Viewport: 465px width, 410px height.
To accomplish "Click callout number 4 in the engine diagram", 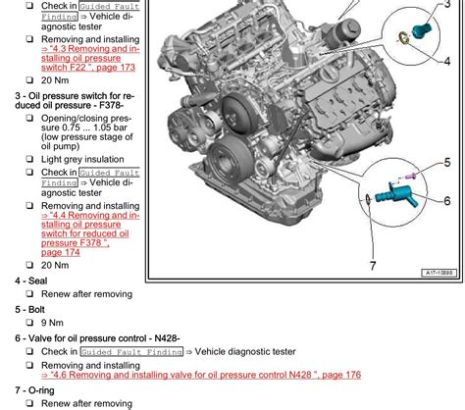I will [x=446, y=62].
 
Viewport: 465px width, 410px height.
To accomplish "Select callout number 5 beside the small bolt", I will [x=446, y=161].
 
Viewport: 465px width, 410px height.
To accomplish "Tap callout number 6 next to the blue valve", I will [x=446, y=200].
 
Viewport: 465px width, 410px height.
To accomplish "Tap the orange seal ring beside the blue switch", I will [x=403, y=40].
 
